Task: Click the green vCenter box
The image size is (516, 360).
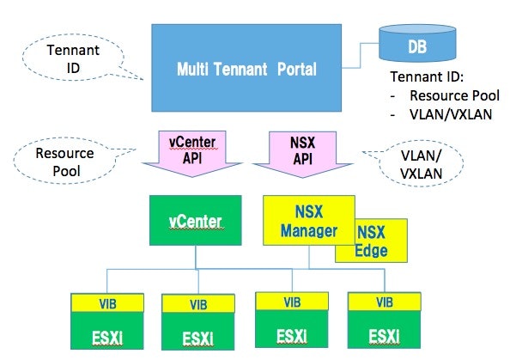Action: [x=195, y=222]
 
